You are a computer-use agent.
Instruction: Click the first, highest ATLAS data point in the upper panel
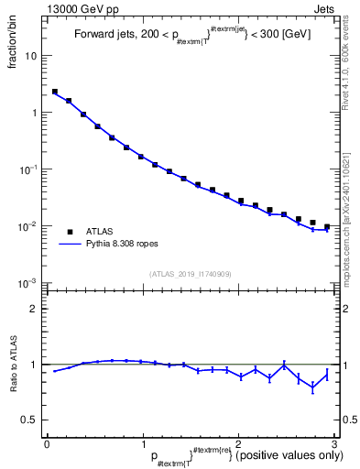pyautogui.click(x=55, y=92)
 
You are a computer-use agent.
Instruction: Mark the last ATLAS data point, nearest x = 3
pyautogui.click(x=326, y=226)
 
